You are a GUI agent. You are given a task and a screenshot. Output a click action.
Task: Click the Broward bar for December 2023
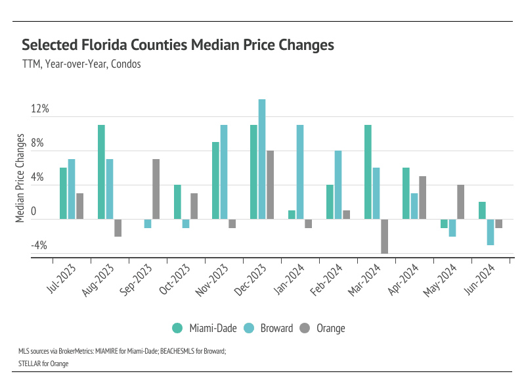tap(262, 159)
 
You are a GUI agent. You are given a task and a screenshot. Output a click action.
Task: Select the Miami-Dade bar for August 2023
tap(102, 172)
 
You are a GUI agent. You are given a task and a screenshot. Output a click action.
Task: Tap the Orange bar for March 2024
tap(384, 236)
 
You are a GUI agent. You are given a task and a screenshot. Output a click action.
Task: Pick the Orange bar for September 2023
tap(156, 189)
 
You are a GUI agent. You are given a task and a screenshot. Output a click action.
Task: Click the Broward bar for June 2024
tap(491, 232)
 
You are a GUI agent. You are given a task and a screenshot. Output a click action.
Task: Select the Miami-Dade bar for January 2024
tap(292, 215)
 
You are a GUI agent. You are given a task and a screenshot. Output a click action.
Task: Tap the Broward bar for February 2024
tap(338, 185)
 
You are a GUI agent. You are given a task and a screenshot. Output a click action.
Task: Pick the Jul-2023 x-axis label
tap(62, 280)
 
